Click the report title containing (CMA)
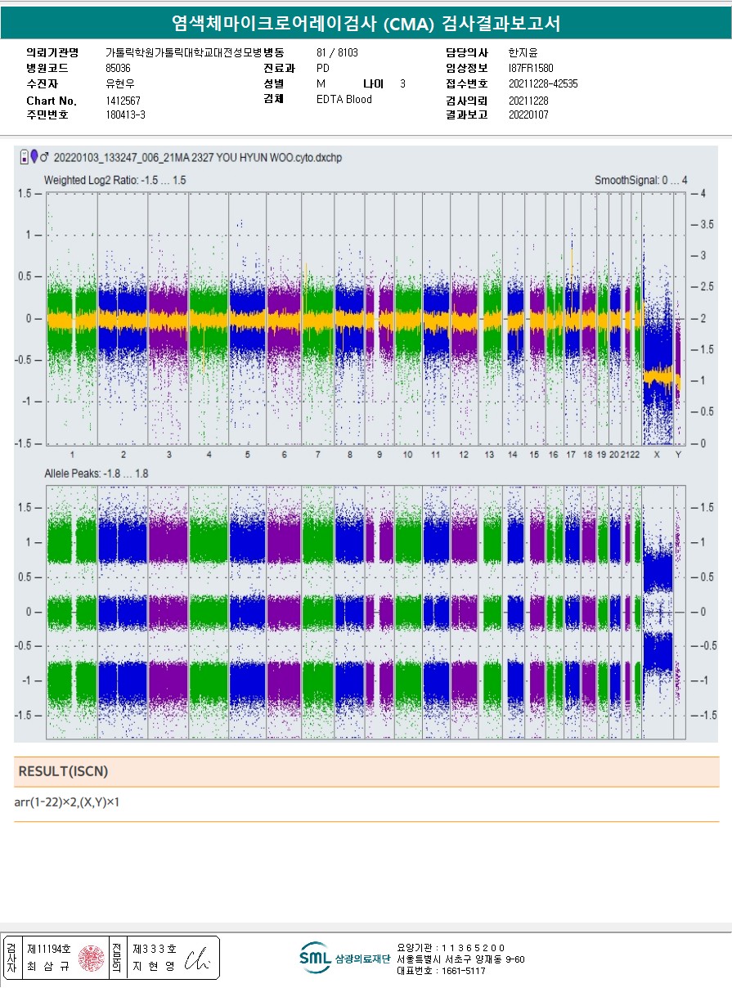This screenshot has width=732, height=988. coord(366,23)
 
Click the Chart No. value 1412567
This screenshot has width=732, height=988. coord(123,101)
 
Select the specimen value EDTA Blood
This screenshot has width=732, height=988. coord(344,100)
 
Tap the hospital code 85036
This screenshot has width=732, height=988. coord(118,68)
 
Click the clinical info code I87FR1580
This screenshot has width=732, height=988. coord(531,68)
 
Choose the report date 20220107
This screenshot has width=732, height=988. coord(528,115)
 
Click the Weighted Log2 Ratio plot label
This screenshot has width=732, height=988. coord(115,179)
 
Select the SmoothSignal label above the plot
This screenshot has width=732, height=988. coord(640,179)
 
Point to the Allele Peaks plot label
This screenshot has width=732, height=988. coord(97,474)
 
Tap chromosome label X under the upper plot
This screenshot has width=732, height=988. coord(656,455)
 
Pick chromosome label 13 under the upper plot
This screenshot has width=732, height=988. coord(489,455)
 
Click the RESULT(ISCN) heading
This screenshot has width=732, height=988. coord(63,771)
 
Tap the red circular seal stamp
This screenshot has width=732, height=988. coord(91,958)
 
